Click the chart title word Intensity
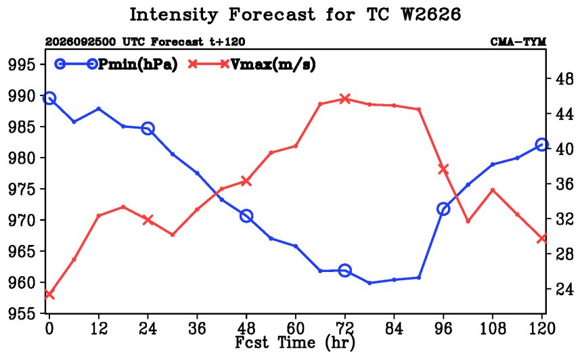point(173,15)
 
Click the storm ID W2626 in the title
point(430,14)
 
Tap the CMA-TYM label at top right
point(518,42)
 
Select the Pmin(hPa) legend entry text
point(137,64)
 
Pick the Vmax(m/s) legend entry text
point(273,64)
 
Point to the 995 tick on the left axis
point(22,65)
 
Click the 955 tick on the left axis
point(22,314)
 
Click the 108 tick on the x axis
point(493,328)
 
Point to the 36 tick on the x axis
point(197,328)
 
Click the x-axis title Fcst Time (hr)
point(295,342)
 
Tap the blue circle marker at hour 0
point(49,98)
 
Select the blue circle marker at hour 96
point(443,209)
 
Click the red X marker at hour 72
point(345,99)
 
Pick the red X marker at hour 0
point(49,294)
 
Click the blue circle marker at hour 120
point(541,145)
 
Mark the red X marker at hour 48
point(246,181)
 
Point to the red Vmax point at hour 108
point(493,190)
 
